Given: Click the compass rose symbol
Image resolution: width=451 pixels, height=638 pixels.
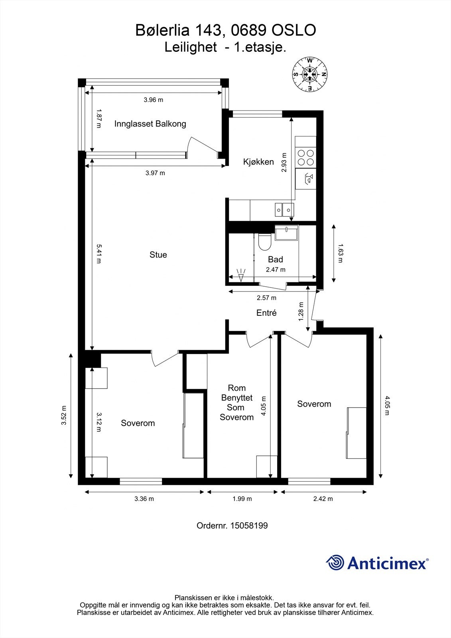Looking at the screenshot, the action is coord(310,74).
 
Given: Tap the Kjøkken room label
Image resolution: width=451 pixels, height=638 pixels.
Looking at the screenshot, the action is coord(258,162).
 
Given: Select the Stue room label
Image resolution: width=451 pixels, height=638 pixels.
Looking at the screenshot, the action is coord(158,255).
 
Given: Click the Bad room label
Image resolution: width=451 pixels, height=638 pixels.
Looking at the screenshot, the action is coord(276,259).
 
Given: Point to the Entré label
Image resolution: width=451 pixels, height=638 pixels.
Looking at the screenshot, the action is coord(266,313).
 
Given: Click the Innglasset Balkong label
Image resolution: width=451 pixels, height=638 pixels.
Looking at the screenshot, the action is coord(150,124).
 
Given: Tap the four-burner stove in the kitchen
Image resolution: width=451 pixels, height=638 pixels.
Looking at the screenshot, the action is coord(306,158).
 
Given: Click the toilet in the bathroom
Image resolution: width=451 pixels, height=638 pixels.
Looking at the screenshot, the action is coord(265,242).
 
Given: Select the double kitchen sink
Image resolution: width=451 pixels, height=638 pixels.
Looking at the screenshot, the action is coord(284,210).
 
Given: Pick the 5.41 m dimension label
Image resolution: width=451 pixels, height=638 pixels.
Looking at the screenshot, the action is coord(98,254).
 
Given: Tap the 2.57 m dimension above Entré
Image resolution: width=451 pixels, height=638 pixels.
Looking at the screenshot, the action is coord(266,298).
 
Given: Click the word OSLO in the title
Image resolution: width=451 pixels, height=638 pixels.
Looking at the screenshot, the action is coord(294,30).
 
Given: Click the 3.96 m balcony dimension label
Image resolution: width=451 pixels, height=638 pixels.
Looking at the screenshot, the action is coord(154,100).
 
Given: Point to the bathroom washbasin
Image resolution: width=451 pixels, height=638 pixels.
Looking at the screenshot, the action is coord(286,233).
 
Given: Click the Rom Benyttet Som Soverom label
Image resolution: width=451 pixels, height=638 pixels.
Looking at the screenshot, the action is coord(236,402).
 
